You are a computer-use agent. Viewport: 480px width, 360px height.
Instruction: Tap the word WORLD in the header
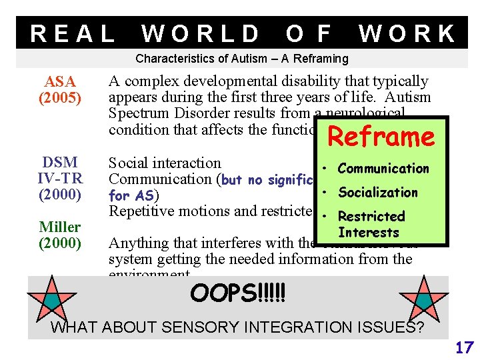coord(201,33)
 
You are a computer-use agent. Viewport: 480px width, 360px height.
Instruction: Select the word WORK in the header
coord(407,33)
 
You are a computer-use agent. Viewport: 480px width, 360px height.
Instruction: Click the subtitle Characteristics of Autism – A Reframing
coord(242,59)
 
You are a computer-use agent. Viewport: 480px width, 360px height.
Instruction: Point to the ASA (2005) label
coord(60,90)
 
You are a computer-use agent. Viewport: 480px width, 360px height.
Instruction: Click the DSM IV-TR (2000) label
coord(59,179)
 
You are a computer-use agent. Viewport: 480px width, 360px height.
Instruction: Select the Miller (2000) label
coord(59,235)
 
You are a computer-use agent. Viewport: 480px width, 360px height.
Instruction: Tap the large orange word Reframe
coord(381,137)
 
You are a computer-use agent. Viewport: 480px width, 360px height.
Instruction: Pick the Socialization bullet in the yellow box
coord(378,193)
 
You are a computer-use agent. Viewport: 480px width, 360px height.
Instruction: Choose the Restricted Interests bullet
coord(371,224)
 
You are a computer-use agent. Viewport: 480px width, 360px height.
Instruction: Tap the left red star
coord(51,298)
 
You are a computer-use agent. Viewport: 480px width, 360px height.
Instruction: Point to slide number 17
coord(464,347)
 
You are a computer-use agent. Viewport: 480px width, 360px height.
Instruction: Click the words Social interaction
coord(165,163)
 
